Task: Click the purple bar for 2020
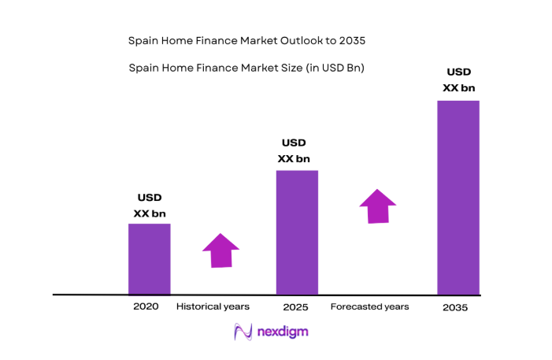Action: (x=150, y=258)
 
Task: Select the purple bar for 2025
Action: (x=297, y=232)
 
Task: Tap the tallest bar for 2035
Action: (x=458, y=197)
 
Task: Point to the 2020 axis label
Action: (x=146, y=306)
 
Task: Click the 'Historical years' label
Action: (x=213, y=306)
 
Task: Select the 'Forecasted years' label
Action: (x=369, y=306)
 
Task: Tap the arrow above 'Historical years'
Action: (x=220, y=251)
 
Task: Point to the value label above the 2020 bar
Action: (x=150, y=206)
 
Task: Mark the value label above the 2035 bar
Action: (x=459, y=80)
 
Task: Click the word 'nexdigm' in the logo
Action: (x=283, y=332)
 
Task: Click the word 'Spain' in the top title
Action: (x=142, y=39)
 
